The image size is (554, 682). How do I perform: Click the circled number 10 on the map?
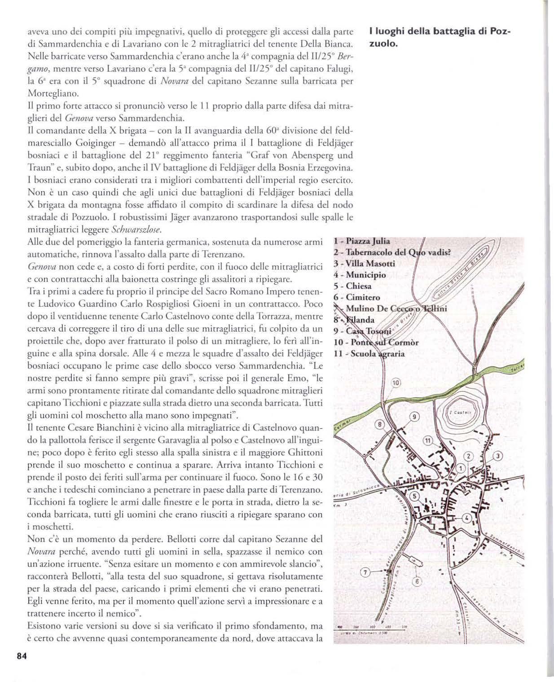(x=396, y=383)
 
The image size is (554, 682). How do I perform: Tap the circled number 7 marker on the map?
(x=365, y=572)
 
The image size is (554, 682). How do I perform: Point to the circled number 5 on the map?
(x=415, y=496)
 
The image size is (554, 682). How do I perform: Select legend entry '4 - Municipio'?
(x=360, y=275)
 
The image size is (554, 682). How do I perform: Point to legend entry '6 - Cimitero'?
(x=357, y=297)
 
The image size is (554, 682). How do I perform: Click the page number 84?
(x=22, y=656)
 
